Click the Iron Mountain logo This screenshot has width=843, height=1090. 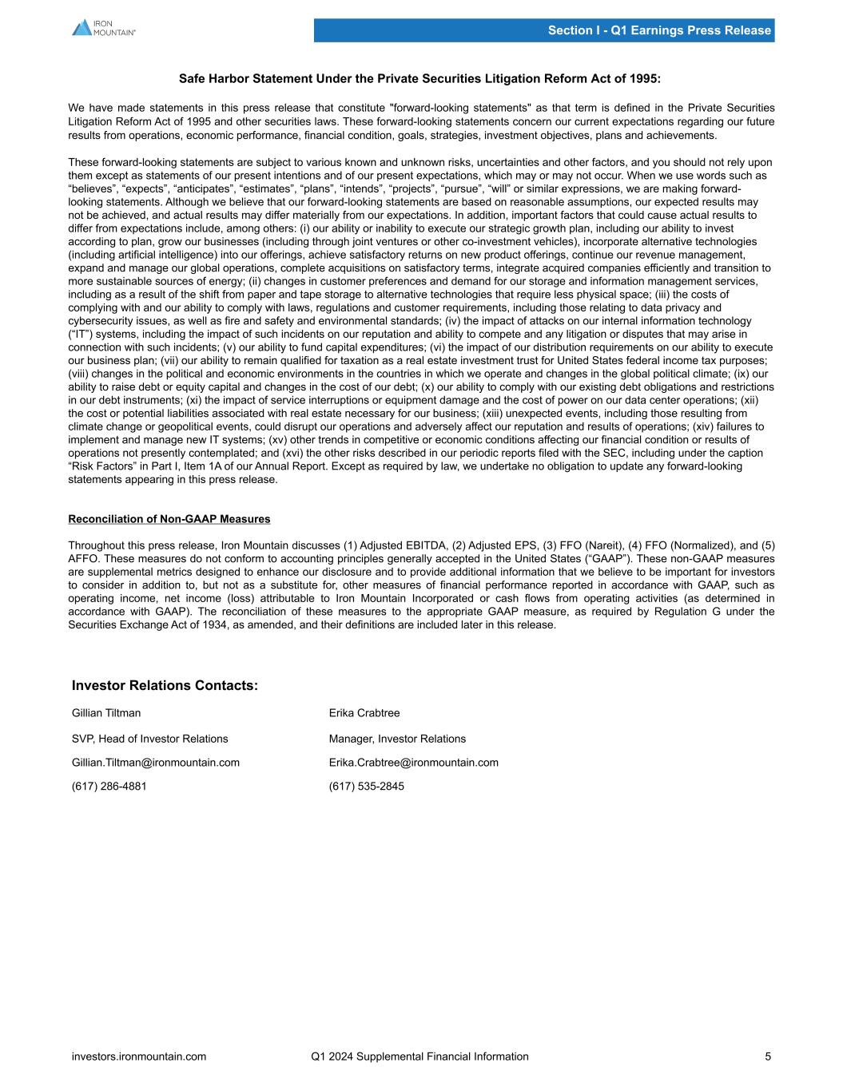tap(104, 28)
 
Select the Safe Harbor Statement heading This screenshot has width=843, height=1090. tap(420, 79)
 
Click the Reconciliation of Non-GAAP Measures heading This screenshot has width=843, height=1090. tap(169, 519)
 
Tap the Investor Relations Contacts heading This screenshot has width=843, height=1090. tap(165, 686)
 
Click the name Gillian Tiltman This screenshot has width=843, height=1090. tap(106, 713)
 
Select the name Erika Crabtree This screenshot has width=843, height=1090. tap(364, 713)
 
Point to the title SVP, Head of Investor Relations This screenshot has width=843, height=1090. tap(150, 739)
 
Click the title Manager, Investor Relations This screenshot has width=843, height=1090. tap(397, 739)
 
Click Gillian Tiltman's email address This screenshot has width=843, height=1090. tap(156, 763)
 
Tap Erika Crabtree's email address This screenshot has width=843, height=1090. tap(414, 763)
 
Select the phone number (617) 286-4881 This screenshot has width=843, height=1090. tap(109, 787)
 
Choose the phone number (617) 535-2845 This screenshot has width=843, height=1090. tap(367, 787)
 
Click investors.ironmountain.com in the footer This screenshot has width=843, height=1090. tap(139, 1056)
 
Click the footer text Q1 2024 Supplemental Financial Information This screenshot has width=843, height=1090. tap(420, 1056)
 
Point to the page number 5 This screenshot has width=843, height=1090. tap(768, 1056)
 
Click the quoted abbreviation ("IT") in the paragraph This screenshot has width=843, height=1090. tap(81, 334)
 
